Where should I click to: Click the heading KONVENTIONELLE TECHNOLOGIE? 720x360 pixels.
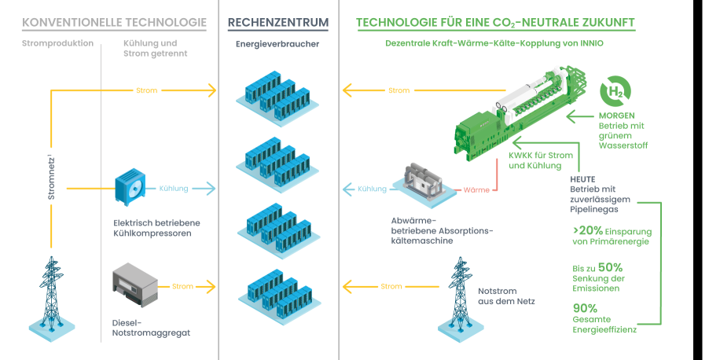(108, 23)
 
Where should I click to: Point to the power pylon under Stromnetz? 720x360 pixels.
(52, 291)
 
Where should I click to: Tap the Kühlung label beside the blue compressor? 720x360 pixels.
(174, 189)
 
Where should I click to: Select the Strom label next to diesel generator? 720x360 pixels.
(182, 286)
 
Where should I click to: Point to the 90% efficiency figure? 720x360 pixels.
(585, 307)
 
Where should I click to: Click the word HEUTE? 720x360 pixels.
(582, 178)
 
